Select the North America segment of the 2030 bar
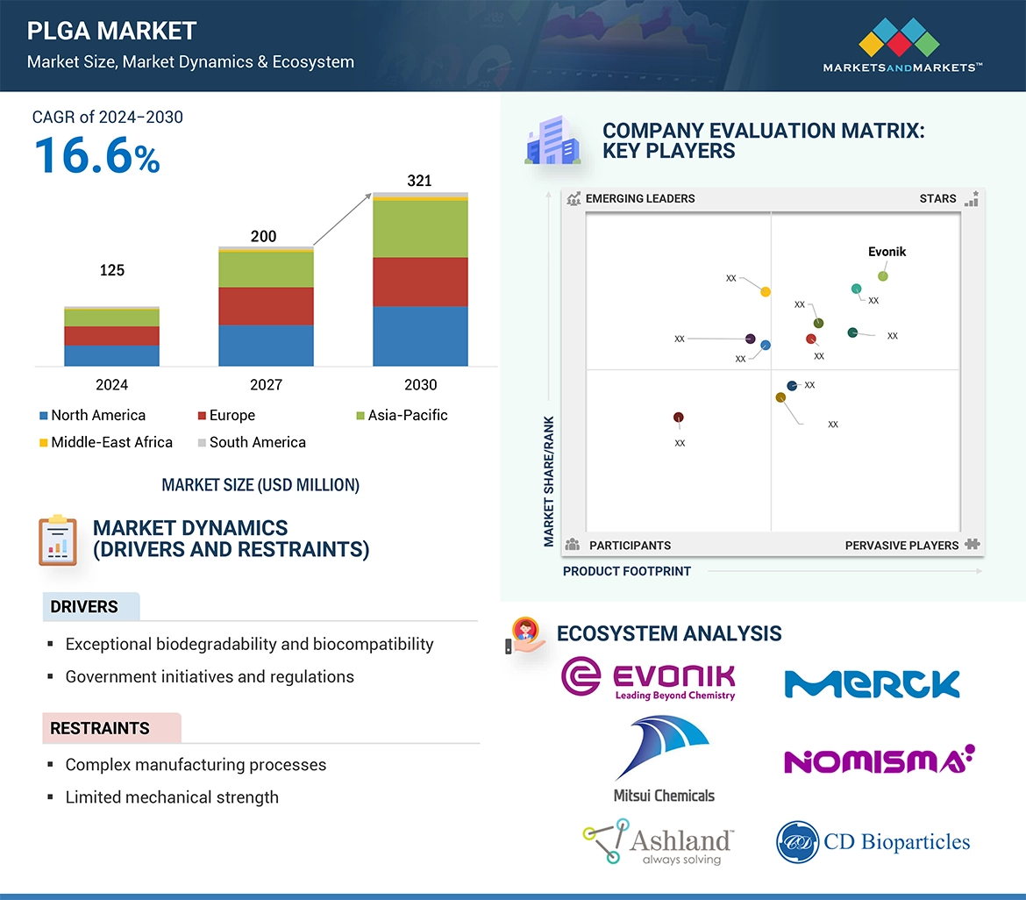coord(420,336)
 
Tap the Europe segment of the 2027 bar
coord(266,306)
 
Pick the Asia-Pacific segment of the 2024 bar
coord(111,318)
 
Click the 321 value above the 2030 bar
coord(420,181)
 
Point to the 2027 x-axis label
coord(266,384)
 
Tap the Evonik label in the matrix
coord(887,252)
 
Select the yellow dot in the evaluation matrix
coord(766,291)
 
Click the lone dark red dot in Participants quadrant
coord(679,418)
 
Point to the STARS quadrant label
coord(937,198)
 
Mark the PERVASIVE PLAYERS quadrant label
coord(901,546)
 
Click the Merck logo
coord(872,683)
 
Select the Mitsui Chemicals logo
coord(663,760)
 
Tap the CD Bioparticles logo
coord(873,842)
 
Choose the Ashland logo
coord(659,842)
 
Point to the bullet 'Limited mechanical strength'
coord(172,797)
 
